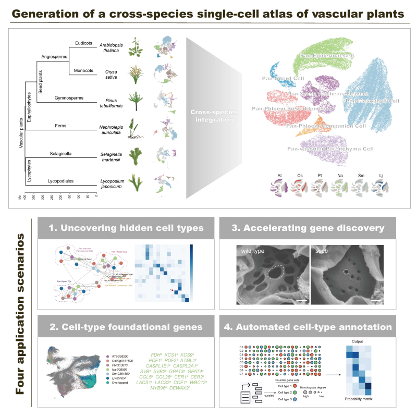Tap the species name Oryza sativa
[x=111, y=73]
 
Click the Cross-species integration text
[x=206, y=116]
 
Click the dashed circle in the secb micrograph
[x=344, y=272]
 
